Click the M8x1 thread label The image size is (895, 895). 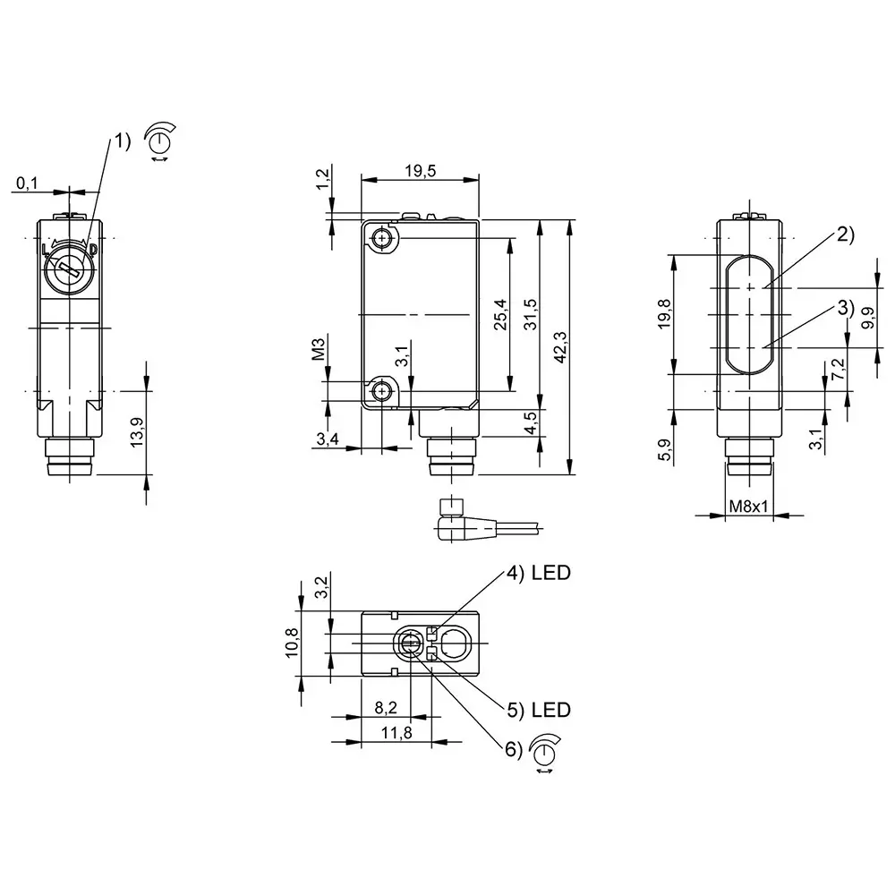click(749, 507)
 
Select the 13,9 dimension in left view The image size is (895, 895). click(136, 434)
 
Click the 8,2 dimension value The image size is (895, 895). click(385, 708)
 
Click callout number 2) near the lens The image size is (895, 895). click(846, 235)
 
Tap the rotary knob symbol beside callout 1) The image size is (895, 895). click(159, 143)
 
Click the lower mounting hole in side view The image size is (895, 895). click(384, 391)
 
